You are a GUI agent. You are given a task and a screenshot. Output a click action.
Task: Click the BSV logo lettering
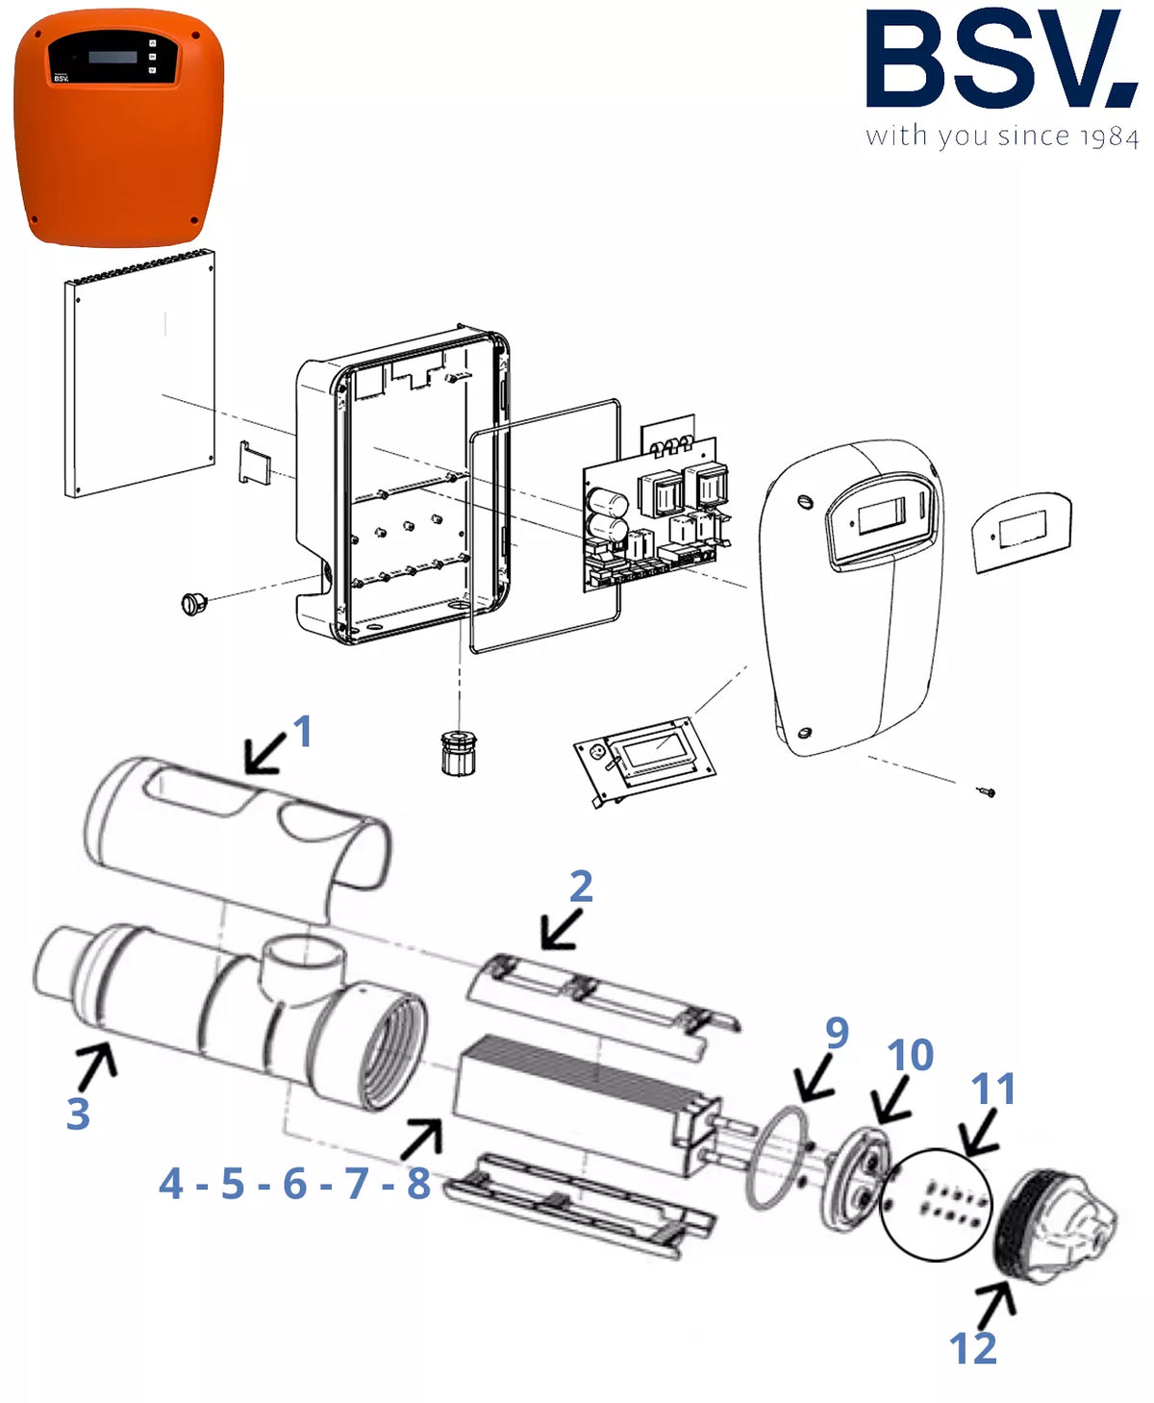point(1001,59)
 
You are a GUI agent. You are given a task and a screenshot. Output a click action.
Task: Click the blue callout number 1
point(303,731)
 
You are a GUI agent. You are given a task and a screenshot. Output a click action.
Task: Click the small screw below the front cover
point(985,790)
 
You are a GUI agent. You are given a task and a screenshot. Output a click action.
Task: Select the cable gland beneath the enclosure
point(459,752)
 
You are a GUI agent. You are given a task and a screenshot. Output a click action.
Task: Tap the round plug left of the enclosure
point(194,603)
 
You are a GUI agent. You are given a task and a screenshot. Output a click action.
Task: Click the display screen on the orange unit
point(113,57)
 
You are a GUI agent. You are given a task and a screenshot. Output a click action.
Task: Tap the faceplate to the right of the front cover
point(1021,531)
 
